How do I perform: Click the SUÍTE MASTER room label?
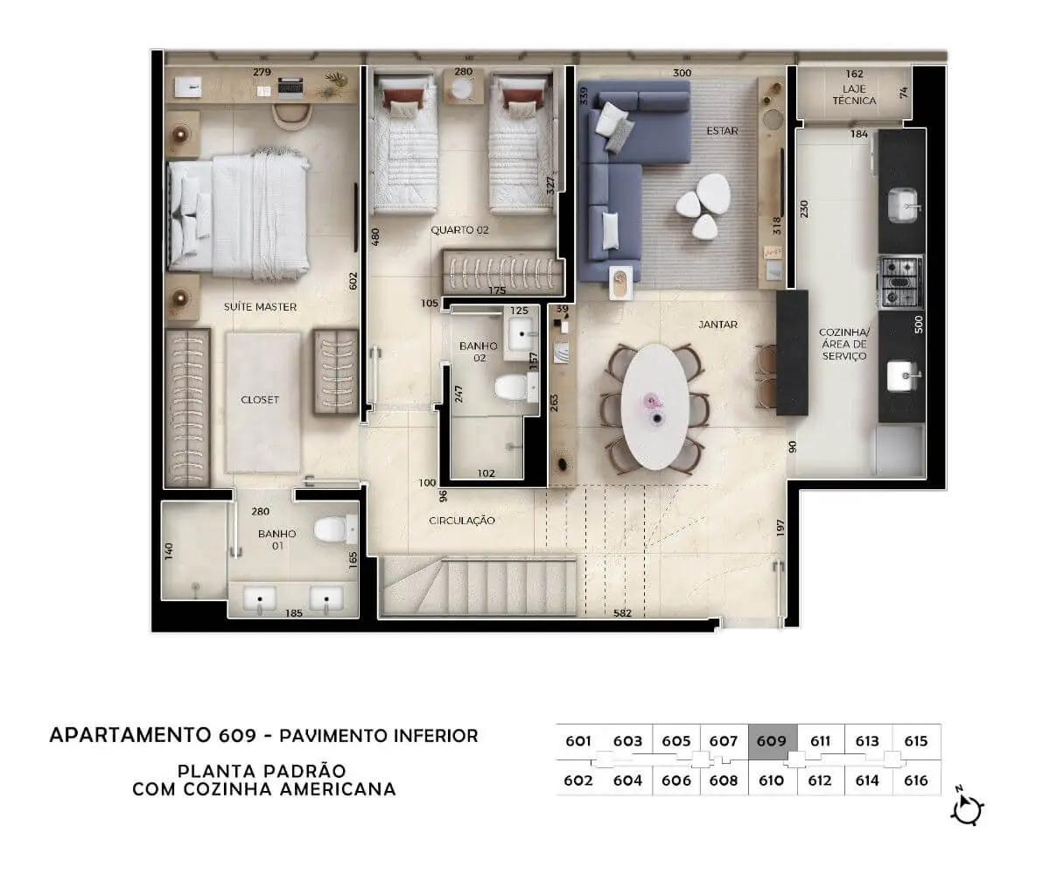[x=260, y=306]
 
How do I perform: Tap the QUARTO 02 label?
[x=459, y=230]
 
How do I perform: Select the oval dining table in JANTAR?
[x=654, y=406]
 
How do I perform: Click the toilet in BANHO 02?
[x=511, y=388]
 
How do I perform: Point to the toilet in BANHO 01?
[x=332, y=529]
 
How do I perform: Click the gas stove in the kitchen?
[x=900, y=282]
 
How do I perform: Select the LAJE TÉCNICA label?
[x=854, y=94]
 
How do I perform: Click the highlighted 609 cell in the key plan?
[x=772, y=741]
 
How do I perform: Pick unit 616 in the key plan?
[x=916, y=780]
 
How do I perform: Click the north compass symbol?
[x=967, y=809]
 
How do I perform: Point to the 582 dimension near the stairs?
[x=622, y=613]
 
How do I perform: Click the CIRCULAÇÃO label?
[x=462, y=521]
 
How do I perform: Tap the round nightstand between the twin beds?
[x=462, y=89]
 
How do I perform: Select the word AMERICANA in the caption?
[x=338, y=789]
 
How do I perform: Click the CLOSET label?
[x=260, y=400]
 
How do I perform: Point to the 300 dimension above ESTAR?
[x=682, y=73]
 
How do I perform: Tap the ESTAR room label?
[x=722, y=130]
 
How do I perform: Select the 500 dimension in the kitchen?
[x=919, y=325]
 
